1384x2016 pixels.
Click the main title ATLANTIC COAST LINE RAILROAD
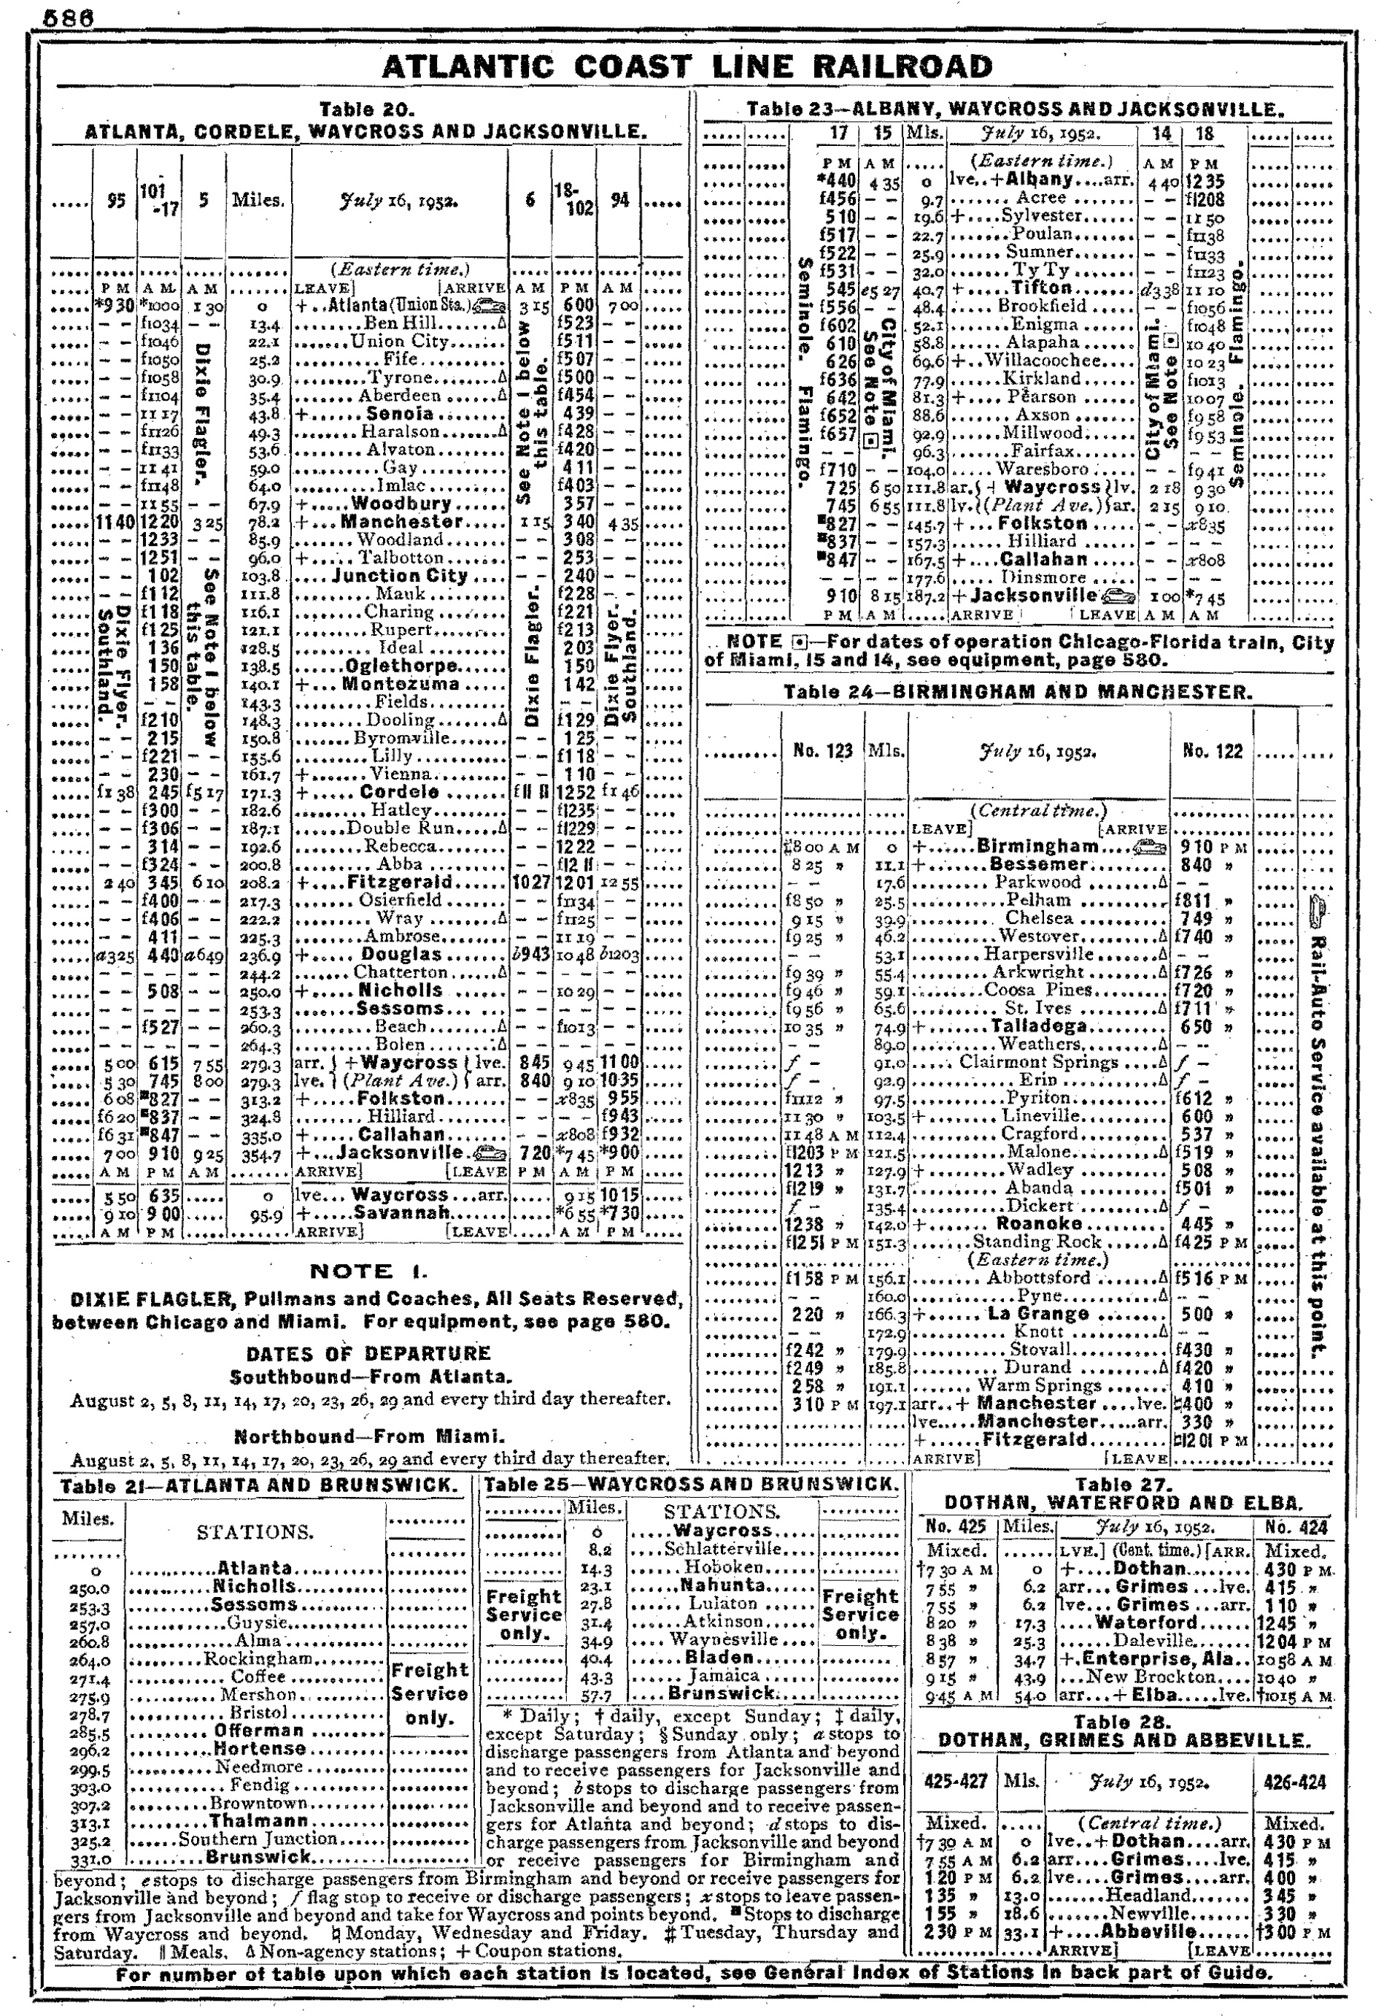(x=686, y=67)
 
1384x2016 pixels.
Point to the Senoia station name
(x=399, y=414)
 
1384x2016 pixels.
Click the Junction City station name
(x=400, y=576)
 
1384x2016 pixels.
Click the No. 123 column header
(x=822, y=751)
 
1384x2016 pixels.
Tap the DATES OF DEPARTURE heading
(x=368, y=1354)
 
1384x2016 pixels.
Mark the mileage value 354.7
(x=258, y=1154)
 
